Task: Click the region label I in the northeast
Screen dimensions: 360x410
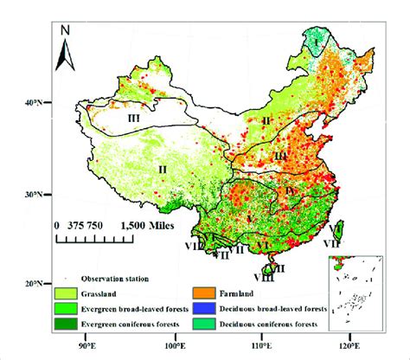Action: (317, 40)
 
